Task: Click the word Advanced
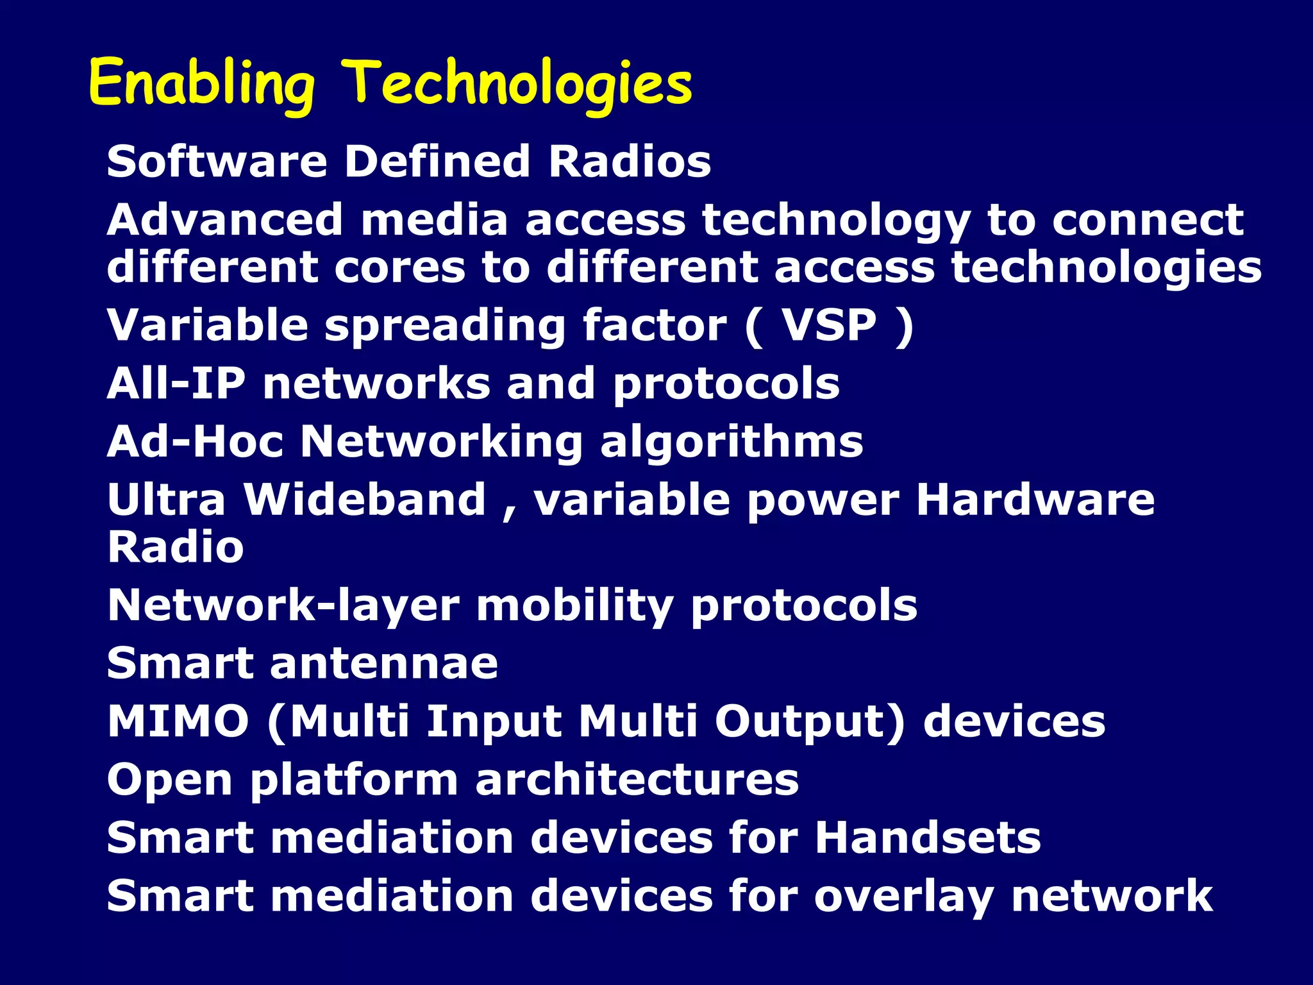(225, 220)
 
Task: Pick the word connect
(1148, 220)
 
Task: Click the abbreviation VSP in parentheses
(829, 325)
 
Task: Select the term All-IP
(176, 383)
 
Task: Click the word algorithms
(732, 443)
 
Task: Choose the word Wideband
(365, 500)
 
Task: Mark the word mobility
(574, 606)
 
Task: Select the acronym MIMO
(178, 721)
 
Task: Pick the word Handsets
(928, 838)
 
